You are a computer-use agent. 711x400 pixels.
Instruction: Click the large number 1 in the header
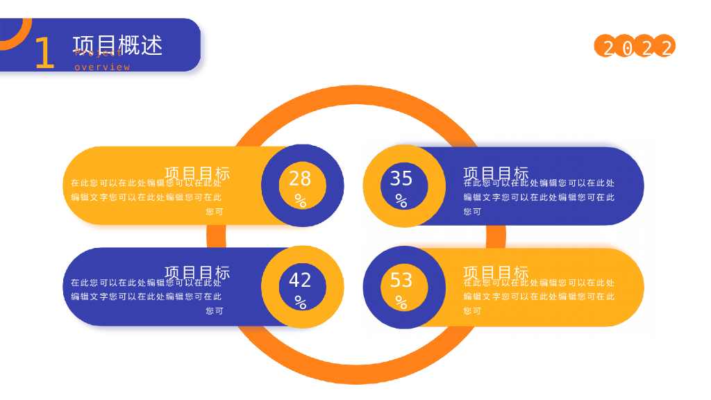(x=44, y=53)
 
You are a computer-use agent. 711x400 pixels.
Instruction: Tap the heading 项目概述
(x=117, y=44)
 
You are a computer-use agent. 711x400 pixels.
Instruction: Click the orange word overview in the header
(x=102, y=67)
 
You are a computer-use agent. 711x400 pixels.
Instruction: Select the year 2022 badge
(x=635, y=47)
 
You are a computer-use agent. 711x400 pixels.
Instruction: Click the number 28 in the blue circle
(x=300, y=178)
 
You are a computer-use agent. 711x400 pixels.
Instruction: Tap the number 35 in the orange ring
(x=401, y=178)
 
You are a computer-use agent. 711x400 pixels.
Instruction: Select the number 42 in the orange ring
(x=300, y=280)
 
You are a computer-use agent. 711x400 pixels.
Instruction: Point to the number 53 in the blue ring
(x=401, y=280)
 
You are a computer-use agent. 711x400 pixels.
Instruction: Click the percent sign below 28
(x=300, y=201)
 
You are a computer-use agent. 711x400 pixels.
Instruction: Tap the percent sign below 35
(x=401, y=201)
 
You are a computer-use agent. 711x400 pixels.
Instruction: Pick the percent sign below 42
(x=300, y=303)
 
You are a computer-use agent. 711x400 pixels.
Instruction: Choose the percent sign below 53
(x=401, y=303)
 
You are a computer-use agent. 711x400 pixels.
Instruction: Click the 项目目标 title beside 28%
(x=197, y=174)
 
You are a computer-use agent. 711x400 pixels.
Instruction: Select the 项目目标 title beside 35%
(x=496, y=174)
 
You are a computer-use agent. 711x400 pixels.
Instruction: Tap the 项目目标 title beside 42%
(x=197, y=273)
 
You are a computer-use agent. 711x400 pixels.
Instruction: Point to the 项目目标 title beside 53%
(x=496, y=273)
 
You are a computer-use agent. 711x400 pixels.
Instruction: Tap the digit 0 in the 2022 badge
(x=627, y=48)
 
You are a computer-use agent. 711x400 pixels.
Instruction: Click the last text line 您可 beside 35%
(x=472, y=212)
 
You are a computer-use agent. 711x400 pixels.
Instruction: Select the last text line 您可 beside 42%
(x=215, y=311)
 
